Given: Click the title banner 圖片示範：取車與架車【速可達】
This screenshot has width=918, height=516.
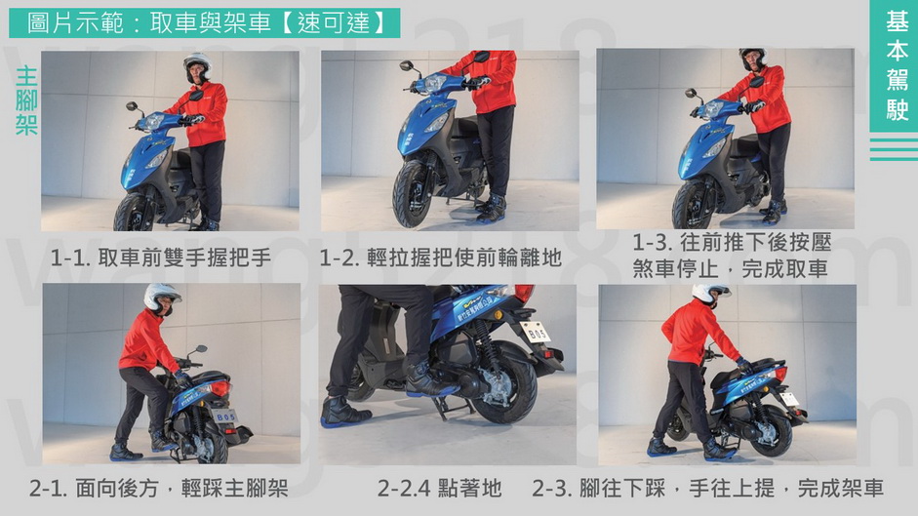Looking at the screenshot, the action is point(204,22).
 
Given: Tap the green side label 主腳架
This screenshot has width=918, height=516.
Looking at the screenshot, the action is point(26,100).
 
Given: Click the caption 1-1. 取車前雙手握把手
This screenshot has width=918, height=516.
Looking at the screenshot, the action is point(161,258).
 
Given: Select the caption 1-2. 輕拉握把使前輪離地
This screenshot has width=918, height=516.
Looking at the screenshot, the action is point(441,258).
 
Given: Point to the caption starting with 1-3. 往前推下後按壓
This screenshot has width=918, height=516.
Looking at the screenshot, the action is point(732,256).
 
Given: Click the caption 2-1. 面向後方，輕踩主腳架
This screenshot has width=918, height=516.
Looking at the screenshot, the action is point(159,488).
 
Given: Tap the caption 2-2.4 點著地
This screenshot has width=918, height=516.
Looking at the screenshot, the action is point(439,488).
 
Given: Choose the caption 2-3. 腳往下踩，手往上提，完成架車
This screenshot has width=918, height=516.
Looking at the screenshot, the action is point(708,488).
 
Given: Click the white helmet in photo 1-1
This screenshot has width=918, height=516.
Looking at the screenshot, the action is point(197,66).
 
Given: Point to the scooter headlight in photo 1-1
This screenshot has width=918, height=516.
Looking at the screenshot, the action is point(153,121).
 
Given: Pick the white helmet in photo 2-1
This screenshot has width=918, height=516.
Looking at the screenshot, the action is point(162,298).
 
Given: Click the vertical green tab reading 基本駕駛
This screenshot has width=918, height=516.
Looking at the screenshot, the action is point(894,66).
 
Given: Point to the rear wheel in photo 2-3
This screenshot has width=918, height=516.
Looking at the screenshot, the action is point(771,436).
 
